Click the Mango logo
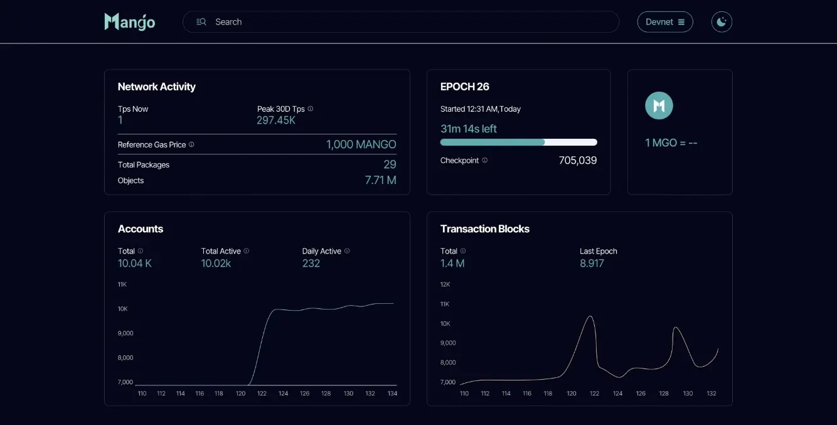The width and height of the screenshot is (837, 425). point(130,22)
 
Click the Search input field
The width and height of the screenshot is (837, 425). point(402,22)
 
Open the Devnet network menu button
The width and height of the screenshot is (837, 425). point(665,22)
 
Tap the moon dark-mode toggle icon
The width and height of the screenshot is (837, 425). point(722,22)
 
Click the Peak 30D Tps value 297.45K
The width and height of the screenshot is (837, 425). point(276,121)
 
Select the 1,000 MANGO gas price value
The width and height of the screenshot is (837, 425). point(361,144)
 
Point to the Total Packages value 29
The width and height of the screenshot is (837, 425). point(390,164)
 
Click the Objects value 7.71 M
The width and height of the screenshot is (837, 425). point(380,181)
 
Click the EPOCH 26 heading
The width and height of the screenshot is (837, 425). point(465,87)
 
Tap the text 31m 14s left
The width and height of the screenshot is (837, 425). point(469,129)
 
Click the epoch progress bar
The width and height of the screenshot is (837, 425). point(518,143)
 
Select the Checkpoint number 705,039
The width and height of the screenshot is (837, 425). point(577,161)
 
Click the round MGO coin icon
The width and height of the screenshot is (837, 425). point(659,105)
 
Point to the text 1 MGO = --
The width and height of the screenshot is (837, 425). point(671,143)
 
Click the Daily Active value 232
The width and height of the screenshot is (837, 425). point(311,264)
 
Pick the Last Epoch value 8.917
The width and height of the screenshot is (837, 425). point(592,264)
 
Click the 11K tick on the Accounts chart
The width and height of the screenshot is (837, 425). point(122,284)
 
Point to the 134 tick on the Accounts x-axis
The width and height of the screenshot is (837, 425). point(392,394)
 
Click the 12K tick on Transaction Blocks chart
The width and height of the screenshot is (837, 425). point(445,284)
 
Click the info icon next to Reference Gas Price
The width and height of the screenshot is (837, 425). point(191,144)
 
